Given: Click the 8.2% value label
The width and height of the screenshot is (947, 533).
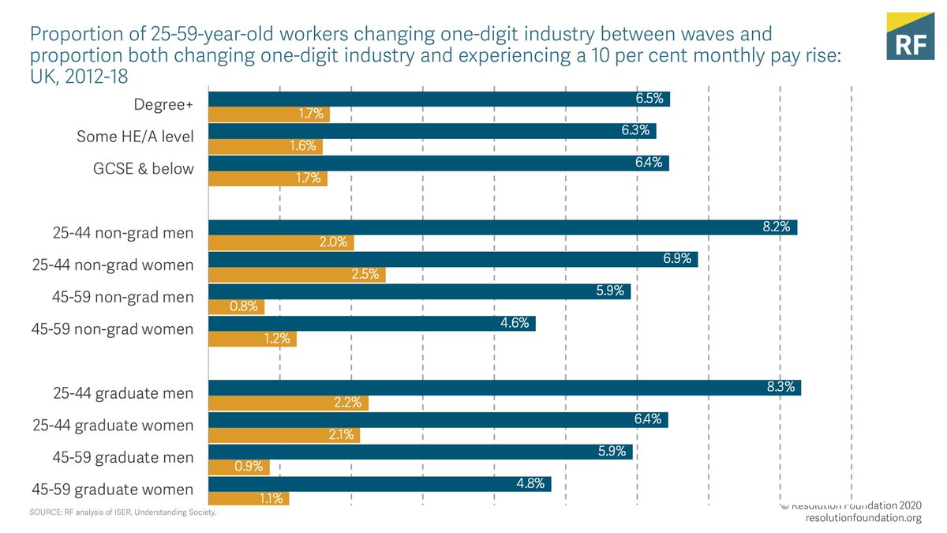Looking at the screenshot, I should pyautogui.click(x=777, y=227).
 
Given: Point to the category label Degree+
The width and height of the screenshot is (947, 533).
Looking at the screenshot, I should pyautogui.click(x=164, y=103).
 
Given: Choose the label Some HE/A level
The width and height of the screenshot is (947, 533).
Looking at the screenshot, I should pyautogui.click(x=135, y=137).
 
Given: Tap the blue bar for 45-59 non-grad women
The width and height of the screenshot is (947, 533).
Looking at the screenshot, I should pyautogui.click(x=371, y=324).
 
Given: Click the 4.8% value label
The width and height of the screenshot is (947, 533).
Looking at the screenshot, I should pyautogui.click(x=530, y=483).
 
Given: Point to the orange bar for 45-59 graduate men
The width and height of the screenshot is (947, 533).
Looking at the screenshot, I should pyautogui.click(x=238, y=467).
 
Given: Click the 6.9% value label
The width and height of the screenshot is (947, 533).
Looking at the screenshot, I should pyautogui.click(x=677, y=259).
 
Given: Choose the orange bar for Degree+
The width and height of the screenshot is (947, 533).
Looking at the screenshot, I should pyautogui.click(x=268, y=114).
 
